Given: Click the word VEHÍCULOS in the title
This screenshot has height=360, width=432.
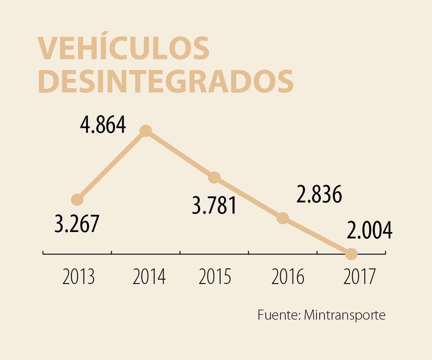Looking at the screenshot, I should tap(124, 49).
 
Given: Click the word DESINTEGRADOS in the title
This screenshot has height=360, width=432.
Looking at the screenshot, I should tap(166, 82).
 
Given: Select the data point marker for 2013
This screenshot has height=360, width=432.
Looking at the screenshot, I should tap(77, 199).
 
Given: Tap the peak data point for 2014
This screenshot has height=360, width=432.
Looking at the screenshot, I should tap(146, 131).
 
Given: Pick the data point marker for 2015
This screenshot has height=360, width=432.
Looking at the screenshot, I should tap(214, 177).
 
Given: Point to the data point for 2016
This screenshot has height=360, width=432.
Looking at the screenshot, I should tap(283, 218).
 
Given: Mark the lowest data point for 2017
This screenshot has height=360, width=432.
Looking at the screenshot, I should tap(351, 254).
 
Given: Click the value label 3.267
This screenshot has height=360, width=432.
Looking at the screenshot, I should tap(76, 224).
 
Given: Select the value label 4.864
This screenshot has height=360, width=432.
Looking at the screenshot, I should tap(103, 125).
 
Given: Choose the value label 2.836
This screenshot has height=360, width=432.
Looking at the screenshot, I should tap(319, 195).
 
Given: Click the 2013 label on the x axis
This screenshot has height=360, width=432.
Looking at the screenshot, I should tap(78, 277).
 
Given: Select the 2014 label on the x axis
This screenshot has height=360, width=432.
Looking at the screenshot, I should tap(149, 277).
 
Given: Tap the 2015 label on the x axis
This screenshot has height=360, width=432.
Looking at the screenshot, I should tap(215, 277).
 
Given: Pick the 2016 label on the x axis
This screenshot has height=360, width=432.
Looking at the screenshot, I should tap(288, 277).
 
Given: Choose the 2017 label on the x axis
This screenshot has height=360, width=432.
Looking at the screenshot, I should tap(359, 277).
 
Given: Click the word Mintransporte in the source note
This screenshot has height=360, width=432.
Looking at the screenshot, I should tap(344, 315).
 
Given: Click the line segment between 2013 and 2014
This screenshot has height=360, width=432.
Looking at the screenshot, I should tap(112, 165).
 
